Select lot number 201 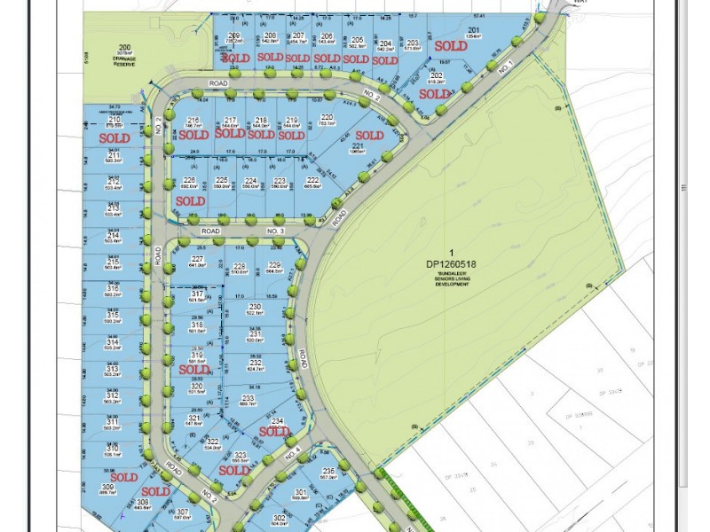point(474,30)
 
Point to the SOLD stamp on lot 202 point(435,94)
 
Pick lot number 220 point(327,118)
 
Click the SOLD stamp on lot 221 point(369,136)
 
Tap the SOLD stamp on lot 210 point(114,138)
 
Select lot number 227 point(197,258)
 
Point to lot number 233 point(248,398)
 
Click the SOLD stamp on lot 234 point(275,432)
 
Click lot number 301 point(301,493)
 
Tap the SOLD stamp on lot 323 point(234,471)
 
